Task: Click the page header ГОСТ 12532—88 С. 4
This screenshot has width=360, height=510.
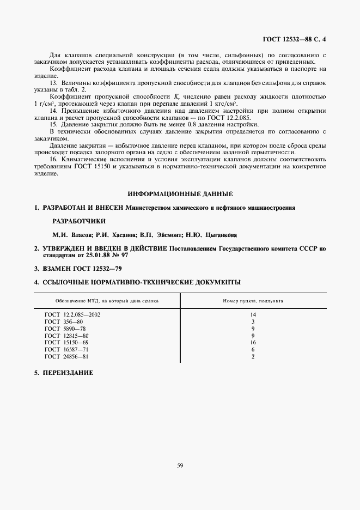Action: tap(294, 39)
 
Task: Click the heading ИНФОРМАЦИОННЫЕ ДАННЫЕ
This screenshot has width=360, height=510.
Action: tap(180, 193)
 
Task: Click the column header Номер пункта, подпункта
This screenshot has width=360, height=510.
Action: tap(253, 301)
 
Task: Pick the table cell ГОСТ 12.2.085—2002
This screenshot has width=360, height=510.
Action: tap(72, 314)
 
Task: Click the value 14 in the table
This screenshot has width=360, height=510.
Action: tap(253, 314)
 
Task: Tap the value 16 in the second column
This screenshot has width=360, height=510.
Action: tap(253, 343)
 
